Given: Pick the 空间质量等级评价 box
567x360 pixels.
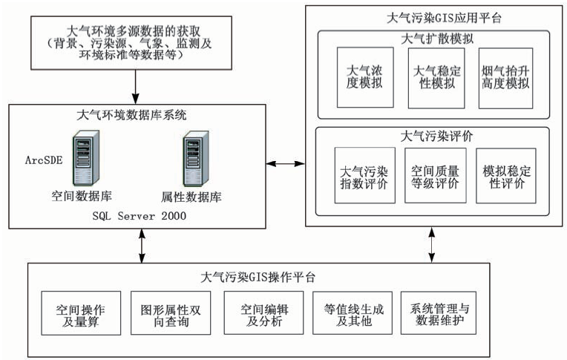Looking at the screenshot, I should tap(435, 175).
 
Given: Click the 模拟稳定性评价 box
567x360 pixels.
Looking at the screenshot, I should tap(506, 175).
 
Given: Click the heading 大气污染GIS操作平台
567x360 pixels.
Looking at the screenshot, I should tap(259, 278).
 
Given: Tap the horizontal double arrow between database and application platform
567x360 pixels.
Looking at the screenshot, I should tap(286, 160).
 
